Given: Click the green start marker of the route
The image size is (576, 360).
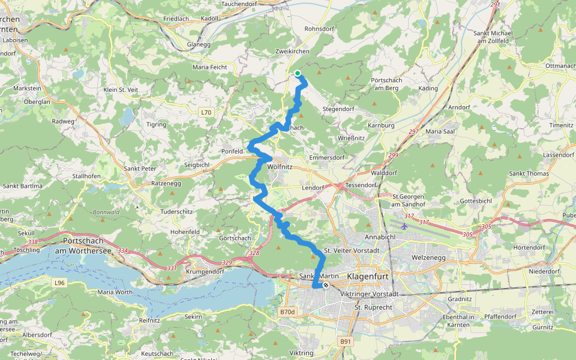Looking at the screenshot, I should tap(298, 73).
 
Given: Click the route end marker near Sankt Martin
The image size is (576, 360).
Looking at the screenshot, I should tap(326, 286).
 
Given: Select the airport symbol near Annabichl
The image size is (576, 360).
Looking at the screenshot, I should tap(404, 226).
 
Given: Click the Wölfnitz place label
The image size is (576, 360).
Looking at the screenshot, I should tap(280, 166).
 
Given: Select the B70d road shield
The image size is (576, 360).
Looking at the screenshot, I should tap(288, 312).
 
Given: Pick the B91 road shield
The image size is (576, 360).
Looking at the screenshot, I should tap(346, 341).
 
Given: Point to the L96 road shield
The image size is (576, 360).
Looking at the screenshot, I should tap(59, 283).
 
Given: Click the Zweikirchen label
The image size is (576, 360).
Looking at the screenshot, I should tap(292, 52).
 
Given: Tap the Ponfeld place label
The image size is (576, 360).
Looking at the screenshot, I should tap(232, 151).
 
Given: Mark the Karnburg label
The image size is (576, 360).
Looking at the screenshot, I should tap(382, 125).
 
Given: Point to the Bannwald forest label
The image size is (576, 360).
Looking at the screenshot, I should tap(106, 212).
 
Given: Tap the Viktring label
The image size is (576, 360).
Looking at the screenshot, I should tap(302, 353).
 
